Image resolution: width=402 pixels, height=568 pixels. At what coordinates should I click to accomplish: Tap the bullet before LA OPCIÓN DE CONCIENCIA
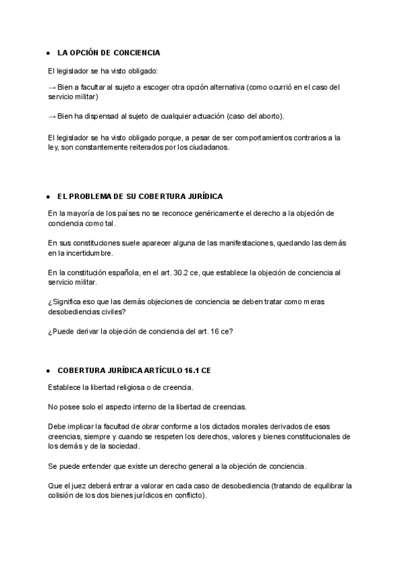[x=48, y=53]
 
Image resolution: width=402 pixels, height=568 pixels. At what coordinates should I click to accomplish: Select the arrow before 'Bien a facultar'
[x=52, y=87]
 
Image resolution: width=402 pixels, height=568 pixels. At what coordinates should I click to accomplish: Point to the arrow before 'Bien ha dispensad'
[x=52, y=116]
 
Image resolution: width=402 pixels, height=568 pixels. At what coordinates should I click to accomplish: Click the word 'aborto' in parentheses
[x=268, y=116]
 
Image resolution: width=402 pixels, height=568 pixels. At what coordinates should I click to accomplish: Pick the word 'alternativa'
[x=224, y=87]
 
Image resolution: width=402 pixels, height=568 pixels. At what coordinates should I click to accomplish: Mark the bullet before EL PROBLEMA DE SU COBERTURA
[x=48, y=197]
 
